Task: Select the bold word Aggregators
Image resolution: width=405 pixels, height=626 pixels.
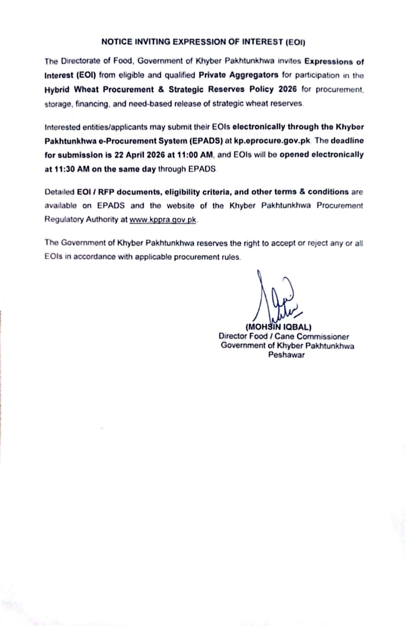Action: pos(255,75)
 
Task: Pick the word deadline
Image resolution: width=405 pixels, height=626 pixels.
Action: pos(347,141)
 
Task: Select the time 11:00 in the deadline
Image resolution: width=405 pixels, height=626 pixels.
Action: pos(188,155)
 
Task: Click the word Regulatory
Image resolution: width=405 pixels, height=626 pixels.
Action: pos(64,220)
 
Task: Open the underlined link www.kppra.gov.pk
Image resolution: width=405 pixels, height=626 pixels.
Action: pos(163,220)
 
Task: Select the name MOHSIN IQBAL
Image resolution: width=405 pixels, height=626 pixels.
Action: pos(279,327)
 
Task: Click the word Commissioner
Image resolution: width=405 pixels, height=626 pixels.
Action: pos(323,336)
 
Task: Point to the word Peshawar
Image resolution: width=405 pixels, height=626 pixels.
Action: pos(286,355)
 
